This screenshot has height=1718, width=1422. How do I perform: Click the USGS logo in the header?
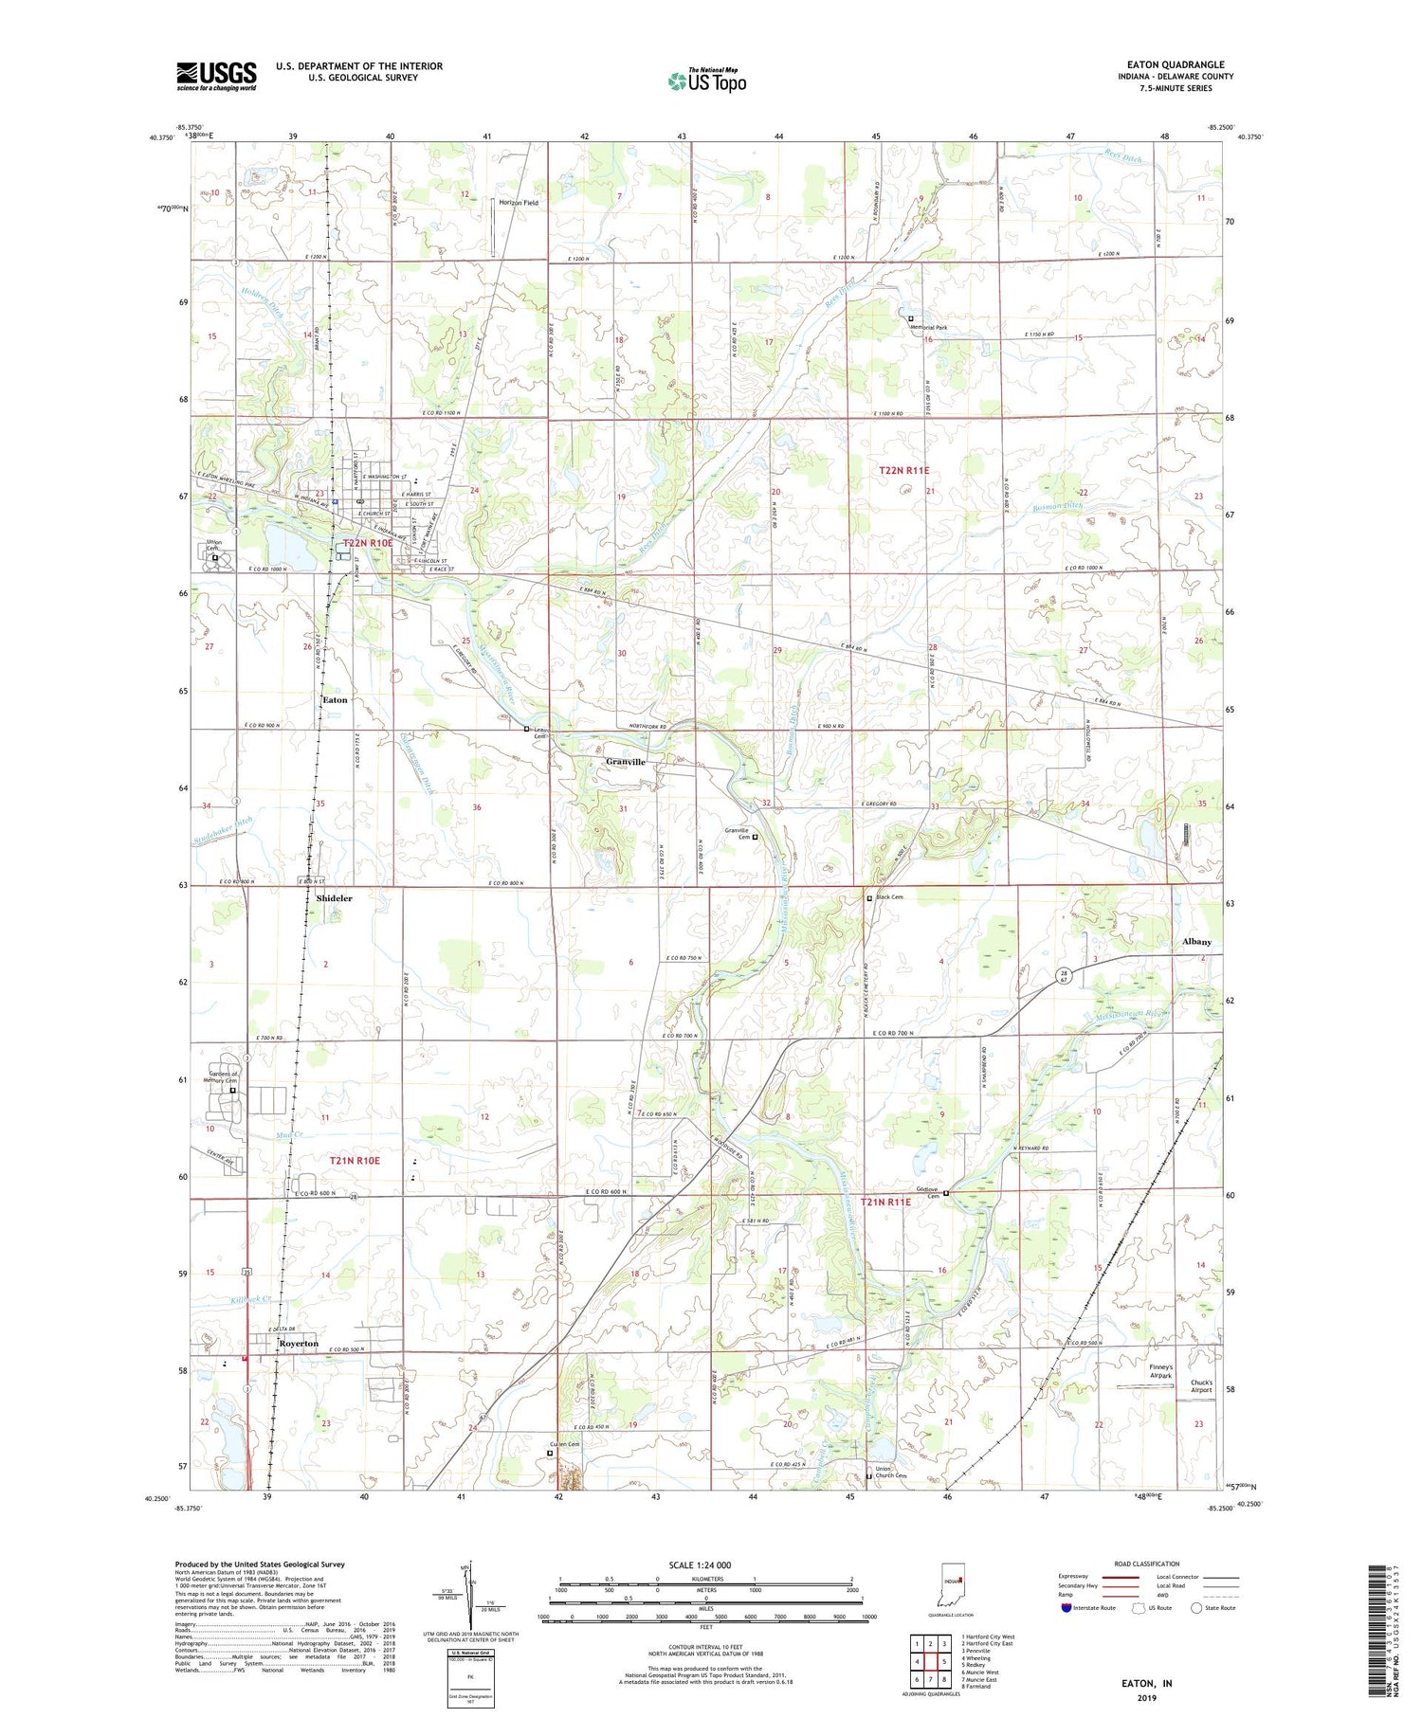tap(216, 76)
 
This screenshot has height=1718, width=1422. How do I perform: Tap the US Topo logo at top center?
tap(706, 81)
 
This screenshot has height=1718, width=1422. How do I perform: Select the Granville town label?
tap(626, 762)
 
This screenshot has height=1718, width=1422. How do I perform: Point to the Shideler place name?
tap(334, 897)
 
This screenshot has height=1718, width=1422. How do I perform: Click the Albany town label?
tap(1196, 942)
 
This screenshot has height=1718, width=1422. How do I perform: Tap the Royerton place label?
tap(299, 1344)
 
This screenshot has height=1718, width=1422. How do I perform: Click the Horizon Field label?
tap(519, 203)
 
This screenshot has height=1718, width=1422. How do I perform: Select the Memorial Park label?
tap(929, 328)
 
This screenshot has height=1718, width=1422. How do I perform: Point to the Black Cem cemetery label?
tap(888, 897)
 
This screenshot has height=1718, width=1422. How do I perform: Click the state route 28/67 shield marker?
tap(1065, 977)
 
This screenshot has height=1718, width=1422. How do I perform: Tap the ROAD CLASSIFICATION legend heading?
tap(1147, 1564)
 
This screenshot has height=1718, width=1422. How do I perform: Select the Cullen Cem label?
tap(563, 1444)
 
